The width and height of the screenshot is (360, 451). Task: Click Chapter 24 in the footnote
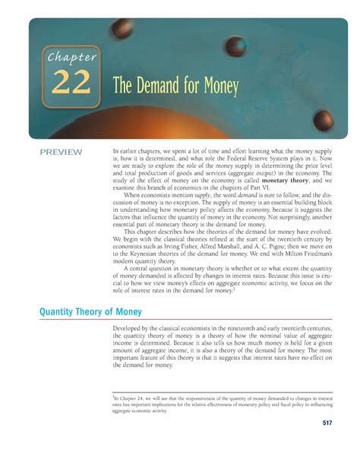(x=131, y=396)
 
